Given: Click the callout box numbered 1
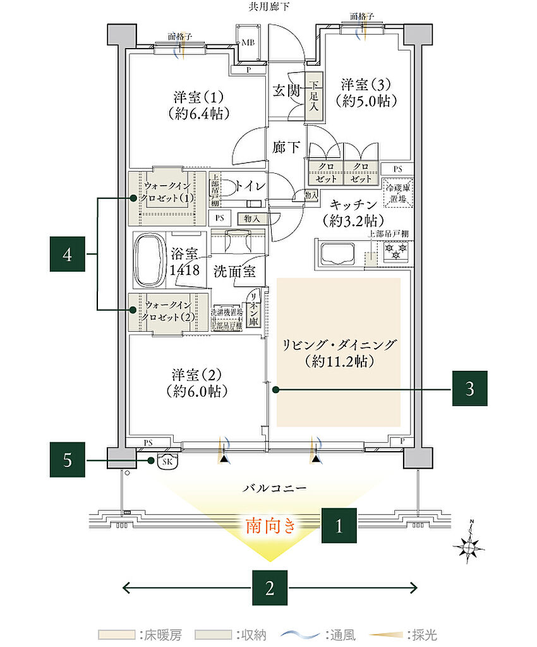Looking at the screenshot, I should coord(339,525).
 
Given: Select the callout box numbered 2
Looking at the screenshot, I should coord(270,588).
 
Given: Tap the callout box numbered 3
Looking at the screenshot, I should coord(470,388).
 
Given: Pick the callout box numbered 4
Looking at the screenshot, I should coord(68,254).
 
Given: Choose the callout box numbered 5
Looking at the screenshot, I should coord(68,460).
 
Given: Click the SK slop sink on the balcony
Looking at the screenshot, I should coord(168,461).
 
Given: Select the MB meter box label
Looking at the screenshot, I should coord(250,43).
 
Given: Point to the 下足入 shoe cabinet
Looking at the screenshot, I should coord(313,97).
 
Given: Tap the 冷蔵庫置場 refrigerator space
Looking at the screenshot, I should coord(397,190).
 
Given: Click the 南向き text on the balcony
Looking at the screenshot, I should coord(270,526).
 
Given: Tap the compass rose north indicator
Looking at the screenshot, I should coord(470,543).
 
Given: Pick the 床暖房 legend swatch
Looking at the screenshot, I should coord(117,634).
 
